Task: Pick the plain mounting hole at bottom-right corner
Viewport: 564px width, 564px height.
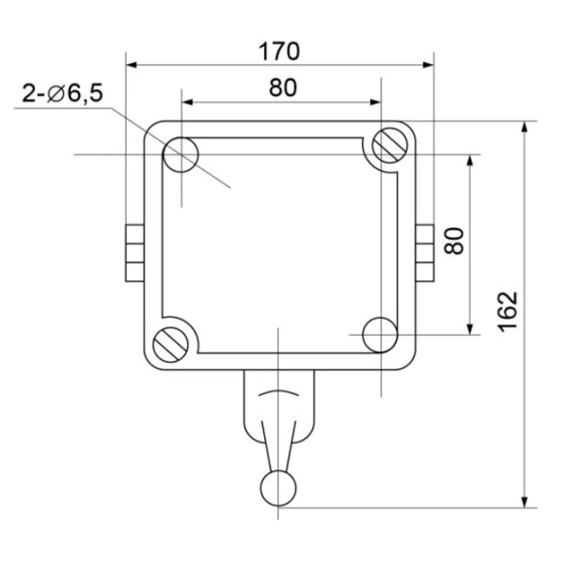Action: pyautogui.click(x=379, y=333)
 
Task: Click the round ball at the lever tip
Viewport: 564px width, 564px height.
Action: pyautogui.click(x=278, y=486)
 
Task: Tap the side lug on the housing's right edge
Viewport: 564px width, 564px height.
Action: pyautogui.click(x=425, y=253)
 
